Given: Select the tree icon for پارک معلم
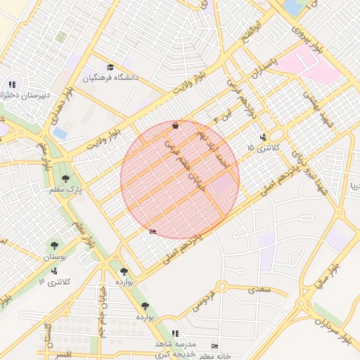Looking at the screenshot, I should coord(66,179).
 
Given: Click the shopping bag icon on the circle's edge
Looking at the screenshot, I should coord(174,125).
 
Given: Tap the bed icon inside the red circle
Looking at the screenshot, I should coord(153,232).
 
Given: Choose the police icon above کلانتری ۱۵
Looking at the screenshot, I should coord(262,137).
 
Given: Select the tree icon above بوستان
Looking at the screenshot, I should coord(53,245).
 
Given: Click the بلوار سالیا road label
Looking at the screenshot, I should coord(328,280).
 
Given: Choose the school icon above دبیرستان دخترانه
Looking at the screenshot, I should coord(12,84).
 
